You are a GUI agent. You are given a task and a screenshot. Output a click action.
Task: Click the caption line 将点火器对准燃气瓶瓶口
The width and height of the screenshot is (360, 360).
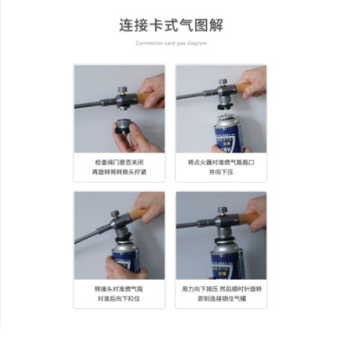(220, 162)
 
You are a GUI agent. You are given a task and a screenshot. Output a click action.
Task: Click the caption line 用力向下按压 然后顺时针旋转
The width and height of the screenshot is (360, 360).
(220, 289)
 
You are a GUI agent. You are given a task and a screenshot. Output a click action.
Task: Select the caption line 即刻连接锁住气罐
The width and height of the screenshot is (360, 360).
(220, 298)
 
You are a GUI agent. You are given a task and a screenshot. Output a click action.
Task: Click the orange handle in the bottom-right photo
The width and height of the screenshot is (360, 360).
(247, 213)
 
